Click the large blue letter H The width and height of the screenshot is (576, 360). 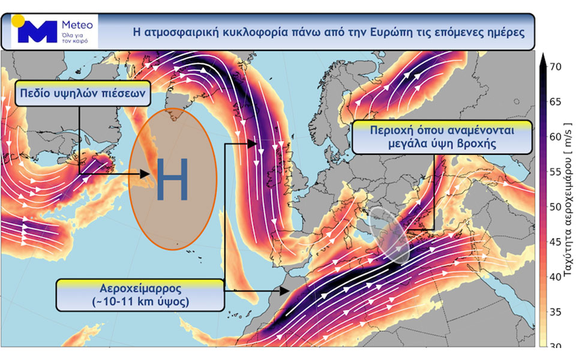tap(172, 179)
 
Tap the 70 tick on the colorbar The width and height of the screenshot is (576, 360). tap(556, 67)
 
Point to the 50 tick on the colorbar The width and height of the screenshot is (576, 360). tap(556, 206)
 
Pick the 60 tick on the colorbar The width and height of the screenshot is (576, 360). tap(556, 137)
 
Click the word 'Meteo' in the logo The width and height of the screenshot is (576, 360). tap(77, 25)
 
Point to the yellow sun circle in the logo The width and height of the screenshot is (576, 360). tap(19, 20)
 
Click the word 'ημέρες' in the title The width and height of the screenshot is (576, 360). tap(503, 31)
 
